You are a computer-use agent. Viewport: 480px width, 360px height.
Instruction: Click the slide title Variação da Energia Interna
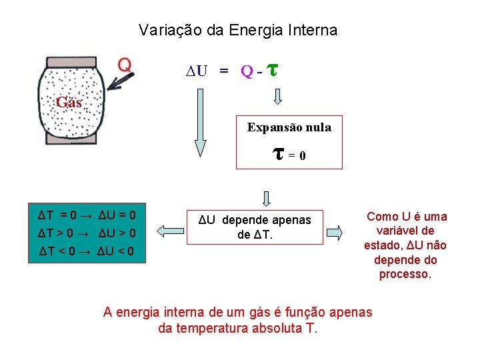coord(238,30)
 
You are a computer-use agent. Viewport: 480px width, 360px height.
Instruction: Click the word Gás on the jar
coord(69,103)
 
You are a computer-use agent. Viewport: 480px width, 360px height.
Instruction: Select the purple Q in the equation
coord(246,71)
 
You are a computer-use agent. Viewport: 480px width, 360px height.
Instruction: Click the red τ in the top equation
coord(271,68)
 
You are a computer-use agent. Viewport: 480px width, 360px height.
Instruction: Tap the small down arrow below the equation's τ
coord(278,97)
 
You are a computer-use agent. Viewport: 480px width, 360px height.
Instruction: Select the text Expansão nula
coord(289,127)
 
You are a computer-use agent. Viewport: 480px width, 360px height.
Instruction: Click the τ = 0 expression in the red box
coord(289,155)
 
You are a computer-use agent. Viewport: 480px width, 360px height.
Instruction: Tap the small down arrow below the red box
coord(266,199)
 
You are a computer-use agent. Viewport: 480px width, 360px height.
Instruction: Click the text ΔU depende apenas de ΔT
coord(257,227)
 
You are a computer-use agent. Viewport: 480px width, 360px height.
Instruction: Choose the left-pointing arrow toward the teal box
coord(169,231)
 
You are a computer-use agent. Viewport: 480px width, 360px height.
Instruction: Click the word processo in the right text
coord(405,274)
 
